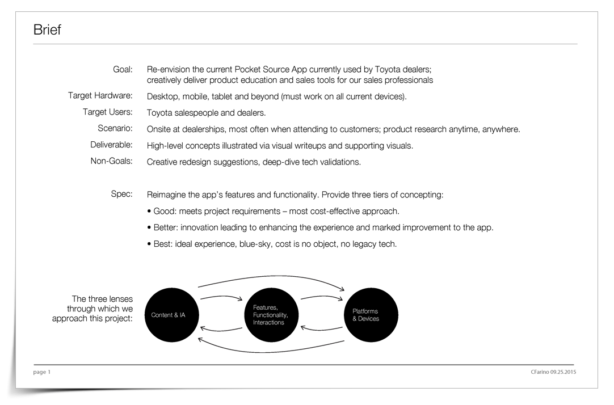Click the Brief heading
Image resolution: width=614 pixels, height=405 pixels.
point(47,29)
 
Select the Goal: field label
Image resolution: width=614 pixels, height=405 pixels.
point(123,70)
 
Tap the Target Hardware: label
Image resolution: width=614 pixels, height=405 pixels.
point(100,95)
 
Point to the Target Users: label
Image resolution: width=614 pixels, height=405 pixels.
point(108,112)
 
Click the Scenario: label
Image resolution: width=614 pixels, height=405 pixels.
point(115,128)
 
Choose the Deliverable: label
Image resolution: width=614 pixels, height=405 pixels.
point(112,145)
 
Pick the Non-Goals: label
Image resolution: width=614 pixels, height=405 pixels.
point(112,161)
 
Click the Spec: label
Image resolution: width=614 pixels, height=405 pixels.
point(122,194)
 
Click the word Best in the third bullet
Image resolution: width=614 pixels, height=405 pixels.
point(162,244)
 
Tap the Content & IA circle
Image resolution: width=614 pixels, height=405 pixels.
point(172,315)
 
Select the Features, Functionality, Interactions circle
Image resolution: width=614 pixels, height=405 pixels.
point(271,315)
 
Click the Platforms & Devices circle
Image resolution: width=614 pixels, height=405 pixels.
point(371,315)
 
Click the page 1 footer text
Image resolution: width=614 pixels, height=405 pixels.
point(42,372)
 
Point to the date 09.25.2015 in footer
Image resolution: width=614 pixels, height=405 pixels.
point(563,372)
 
